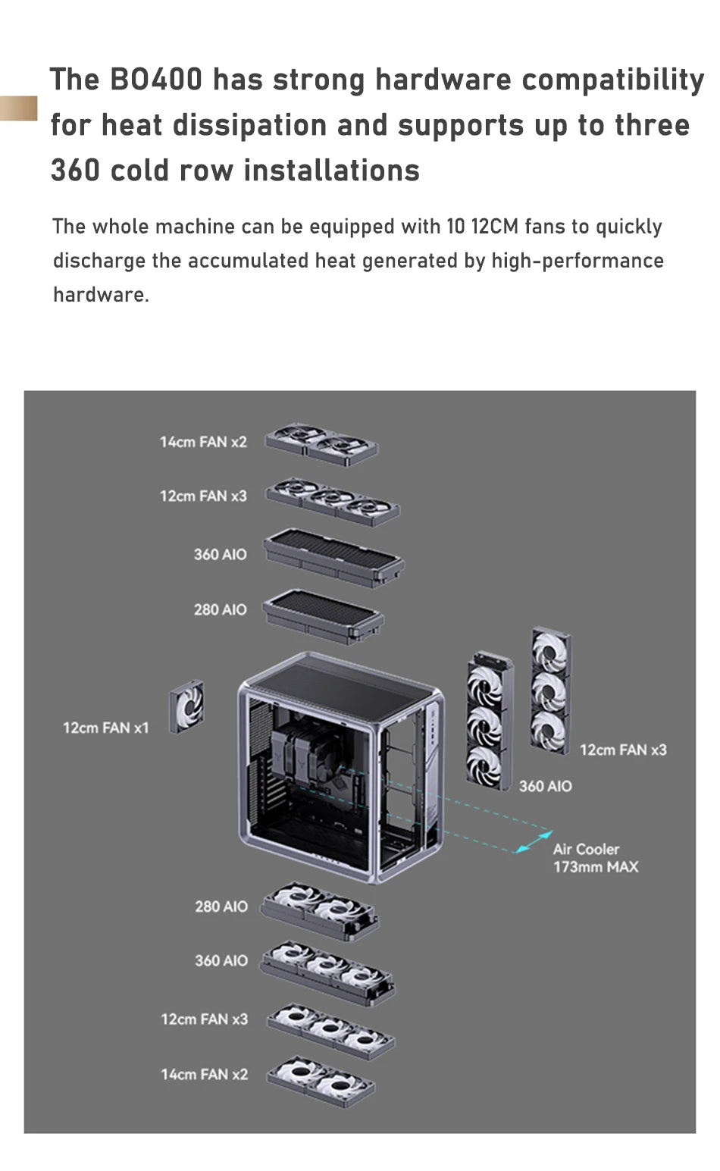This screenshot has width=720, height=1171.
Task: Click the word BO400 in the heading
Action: coord(156,80)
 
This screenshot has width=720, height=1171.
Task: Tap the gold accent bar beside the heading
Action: coord(18,108)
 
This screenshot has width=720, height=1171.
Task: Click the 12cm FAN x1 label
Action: coord(105,728)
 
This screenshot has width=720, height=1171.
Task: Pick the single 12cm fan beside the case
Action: coord(186,706)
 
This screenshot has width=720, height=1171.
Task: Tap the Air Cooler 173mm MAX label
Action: coord(595,858)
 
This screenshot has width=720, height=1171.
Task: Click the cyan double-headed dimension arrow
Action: coord(534,841)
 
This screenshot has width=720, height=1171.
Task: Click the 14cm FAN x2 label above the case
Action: coord(203,442)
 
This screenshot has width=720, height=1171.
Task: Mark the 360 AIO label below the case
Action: coord(221,960)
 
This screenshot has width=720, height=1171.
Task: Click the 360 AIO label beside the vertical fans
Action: coord(545,787)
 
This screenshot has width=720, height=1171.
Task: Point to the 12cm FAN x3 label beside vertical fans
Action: coord(623,750)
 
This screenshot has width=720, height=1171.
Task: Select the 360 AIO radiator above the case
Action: coord(333,558)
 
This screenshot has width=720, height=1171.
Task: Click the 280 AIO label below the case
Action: coord(221,906)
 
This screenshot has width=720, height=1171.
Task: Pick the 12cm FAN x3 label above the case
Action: coord(203,496)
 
